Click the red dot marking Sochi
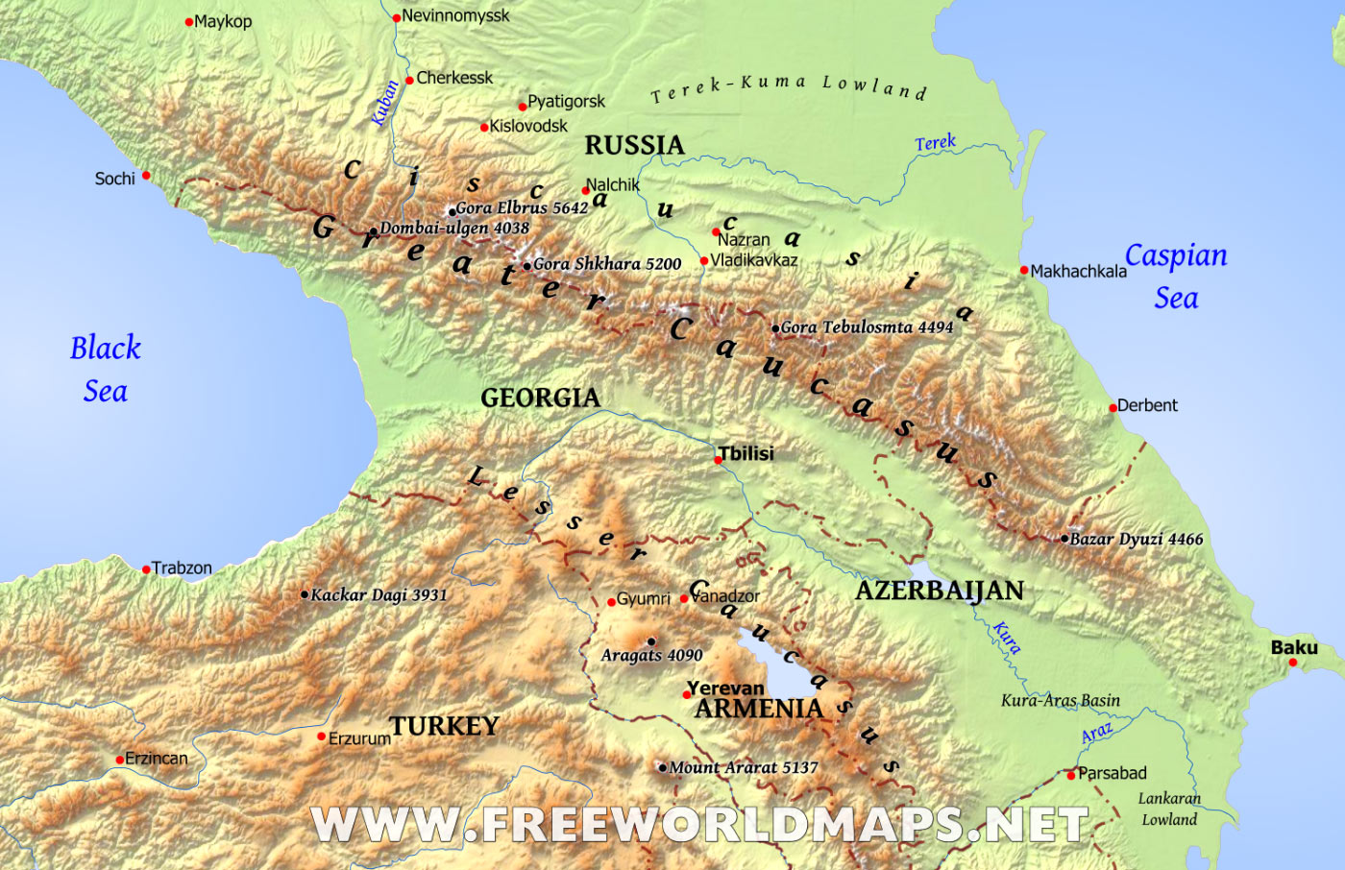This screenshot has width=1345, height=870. tap(146, 176)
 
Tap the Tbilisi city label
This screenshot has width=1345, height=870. tap(747, 453)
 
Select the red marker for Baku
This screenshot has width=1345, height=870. tap(1292, 663)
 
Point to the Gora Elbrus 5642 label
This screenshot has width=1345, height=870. tap(522, 207)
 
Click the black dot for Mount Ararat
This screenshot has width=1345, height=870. tap(662, 767)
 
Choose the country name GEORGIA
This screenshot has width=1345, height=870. tap(540, 398)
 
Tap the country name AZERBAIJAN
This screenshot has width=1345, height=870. tap(939, 591)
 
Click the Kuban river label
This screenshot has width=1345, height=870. tap(384, 103)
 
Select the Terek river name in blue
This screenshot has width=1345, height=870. tap(935, 143)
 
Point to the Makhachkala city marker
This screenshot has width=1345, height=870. tap(1024, 270)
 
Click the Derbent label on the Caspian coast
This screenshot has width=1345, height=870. tap(1147, 405)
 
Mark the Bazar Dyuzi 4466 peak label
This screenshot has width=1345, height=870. tap(1137, 540)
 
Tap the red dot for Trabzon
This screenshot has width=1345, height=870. tap(146, 569)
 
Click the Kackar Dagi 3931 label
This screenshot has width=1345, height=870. tap(379, 595)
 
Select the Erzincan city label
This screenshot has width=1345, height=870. tap(157, 759)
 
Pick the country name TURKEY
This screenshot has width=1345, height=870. tap(444, 726)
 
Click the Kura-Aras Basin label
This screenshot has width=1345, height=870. tap(1061, 701)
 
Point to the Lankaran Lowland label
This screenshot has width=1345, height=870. tap(1169, 809)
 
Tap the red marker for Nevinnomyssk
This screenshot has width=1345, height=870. tap(396, 17)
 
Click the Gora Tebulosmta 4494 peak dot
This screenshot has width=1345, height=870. tap(775, 328)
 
